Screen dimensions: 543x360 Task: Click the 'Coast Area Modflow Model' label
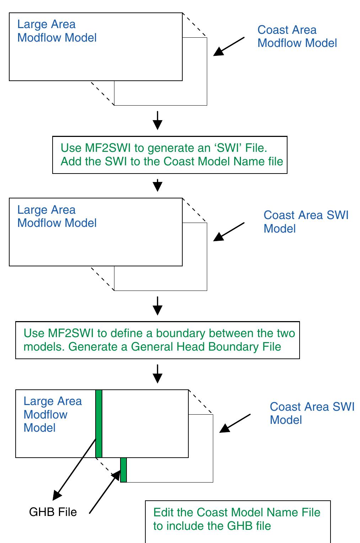click(297, 36)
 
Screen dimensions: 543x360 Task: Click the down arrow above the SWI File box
click(157, 121)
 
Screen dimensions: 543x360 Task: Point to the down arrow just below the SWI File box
click(157, 185)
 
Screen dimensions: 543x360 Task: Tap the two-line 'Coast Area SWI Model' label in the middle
click(306, 222)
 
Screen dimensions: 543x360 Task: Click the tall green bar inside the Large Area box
click(99, 423)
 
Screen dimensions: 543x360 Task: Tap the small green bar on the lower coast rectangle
click(123, 470)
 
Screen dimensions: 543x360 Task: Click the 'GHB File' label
click(53, 512)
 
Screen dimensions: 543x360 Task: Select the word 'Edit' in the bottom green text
click(163, 512)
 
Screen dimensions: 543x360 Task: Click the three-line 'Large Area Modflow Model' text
click(53, 414)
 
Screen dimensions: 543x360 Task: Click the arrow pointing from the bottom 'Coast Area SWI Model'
click(235, 423)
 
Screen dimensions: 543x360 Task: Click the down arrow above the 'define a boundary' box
click(157, 306)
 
